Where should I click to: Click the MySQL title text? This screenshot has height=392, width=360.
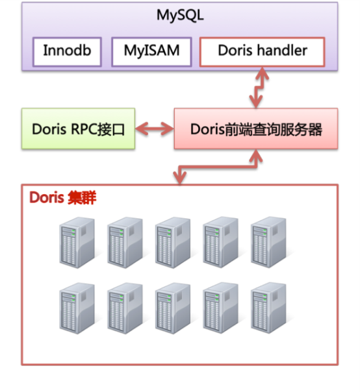pyautogui.click(x=180, y=16)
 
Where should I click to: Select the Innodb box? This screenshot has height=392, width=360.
pyautogui.click(x=67, y=52)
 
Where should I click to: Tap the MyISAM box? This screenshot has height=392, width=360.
pyautogui.click(x=151, y=52)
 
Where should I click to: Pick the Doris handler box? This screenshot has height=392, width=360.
pyautogui.click(x=262, y=52)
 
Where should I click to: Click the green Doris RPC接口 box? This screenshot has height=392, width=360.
pyautogui.click(x=79, y=129)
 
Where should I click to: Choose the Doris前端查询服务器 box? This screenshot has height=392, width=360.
pyautogui.click(x=256, y=129)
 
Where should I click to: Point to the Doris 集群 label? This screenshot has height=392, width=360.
pyautogui.click(x=62, y=197)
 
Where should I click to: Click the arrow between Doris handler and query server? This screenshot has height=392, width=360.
pyautogui.click(x=258, y=88)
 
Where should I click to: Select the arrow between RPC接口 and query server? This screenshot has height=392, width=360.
pyautogui.click(x=155, y=129)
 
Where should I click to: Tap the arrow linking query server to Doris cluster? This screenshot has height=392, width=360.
pyautogui.click(x=218, y=167)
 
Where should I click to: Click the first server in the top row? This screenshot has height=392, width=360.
pyautogui.click(x=77, y=243)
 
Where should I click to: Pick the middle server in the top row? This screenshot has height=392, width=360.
pyautogui.click(x=173, y=243)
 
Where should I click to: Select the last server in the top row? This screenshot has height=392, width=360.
pyautogui.click(x=268, y=242)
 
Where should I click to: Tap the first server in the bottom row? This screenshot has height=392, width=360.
pyautogui.click(x=77, y=308)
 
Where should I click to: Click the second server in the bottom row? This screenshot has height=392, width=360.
pyautogui.click(x=125, y=308)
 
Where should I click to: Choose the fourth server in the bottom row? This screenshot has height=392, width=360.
pyautogui.click(x=220, y=308)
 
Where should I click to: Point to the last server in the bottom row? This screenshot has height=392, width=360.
pyautogui.click(x=268, y=308)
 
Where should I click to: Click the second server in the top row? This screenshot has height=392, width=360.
pyautogui.click(x=125, y=243)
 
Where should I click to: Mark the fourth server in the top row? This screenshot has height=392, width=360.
pyautogui.click(x=220, y=242)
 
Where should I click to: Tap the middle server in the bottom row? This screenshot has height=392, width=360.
pyautogui.click(x=173, y=308)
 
